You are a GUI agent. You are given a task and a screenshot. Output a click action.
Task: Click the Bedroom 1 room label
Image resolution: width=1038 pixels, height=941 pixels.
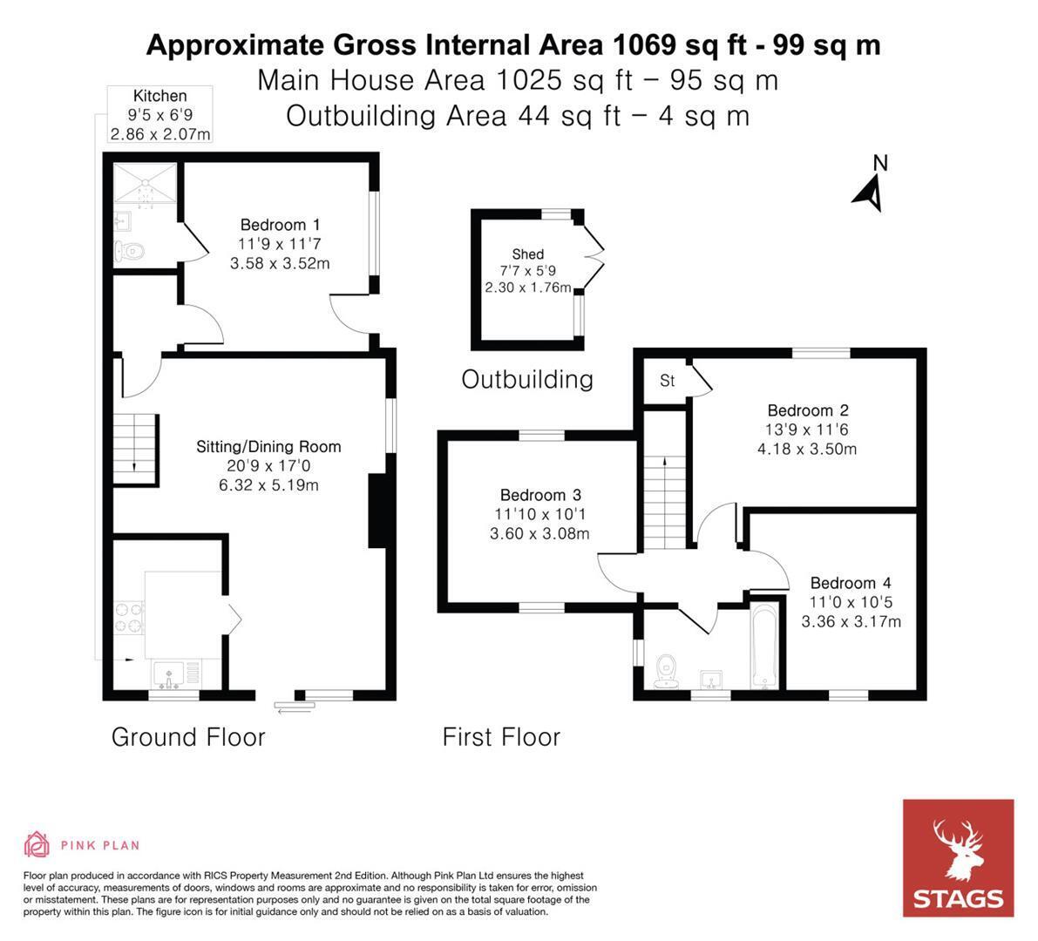point(280,224)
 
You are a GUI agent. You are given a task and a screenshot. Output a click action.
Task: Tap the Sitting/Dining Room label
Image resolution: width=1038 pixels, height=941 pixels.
point(268,447)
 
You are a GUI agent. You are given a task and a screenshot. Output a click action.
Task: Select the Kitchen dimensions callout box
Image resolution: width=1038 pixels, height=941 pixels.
point(160,114)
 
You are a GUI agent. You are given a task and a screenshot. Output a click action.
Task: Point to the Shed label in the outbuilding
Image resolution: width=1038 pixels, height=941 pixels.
point(527,254)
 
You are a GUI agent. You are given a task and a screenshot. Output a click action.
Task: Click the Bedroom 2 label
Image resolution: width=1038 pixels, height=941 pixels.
point(808,410)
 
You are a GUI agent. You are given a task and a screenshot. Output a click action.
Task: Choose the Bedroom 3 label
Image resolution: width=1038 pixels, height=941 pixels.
point(540,495)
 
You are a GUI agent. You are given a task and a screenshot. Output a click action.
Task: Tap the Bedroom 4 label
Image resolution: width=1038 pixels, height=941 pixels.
point(851,583)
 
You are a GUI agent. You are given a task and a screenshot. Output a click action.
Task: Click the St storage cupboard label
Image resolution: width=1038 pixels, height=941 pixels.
point(668,381)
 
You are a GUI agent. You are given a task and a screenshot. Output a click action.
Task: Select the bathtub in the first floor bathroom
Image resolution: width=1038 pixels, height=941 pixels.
point(763,647)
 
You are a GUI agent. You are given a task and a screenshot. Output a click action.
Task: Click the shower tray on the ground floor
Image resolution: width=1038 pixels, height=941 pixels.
point(145,183)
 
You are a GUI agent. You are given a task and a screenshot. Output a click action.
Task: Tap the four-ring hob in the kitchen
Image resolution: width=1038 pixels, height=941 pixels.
point(129,618)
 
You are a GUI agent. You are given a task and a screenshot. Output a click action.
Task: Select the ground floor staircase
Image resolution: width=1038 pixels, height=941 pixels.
point(135,450)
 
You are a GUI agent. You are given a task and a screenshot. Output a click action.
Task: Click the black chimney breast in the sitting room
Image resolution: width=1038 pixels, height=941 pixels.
point(377,511)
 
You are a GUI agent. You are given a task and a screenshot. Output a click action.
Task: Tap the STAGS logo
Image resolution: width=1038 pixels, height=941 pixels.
point(958,857)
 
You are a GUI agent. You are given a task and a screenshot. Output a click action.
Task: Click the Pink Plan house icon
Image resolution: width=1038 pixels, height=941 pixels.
point(37,844)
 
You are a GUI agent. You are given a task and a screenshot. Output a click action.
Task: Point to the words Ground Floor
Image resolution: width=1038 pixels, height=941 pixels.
point(188,737)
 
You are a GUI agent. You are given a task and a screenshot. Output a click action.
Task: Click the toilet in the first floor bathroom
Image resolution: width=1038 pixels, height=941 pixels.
point(666,671)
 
